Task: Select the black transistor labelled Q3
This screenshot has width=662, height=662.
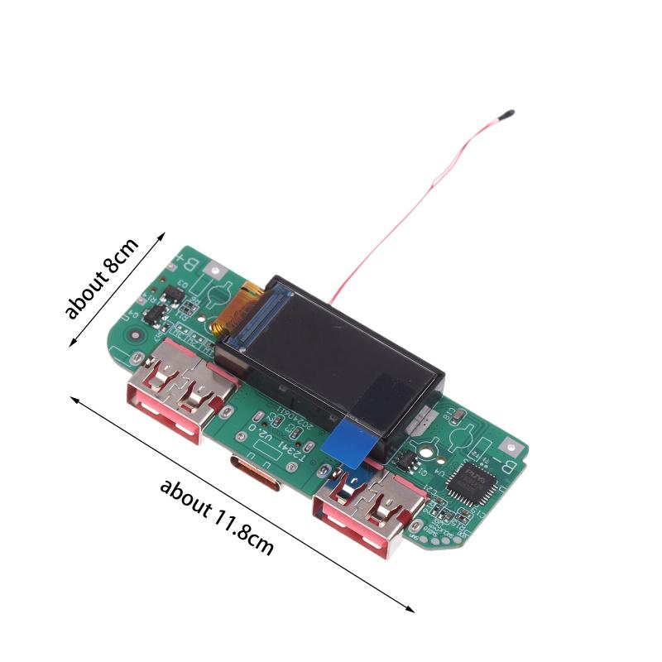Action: click(175, 291)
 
